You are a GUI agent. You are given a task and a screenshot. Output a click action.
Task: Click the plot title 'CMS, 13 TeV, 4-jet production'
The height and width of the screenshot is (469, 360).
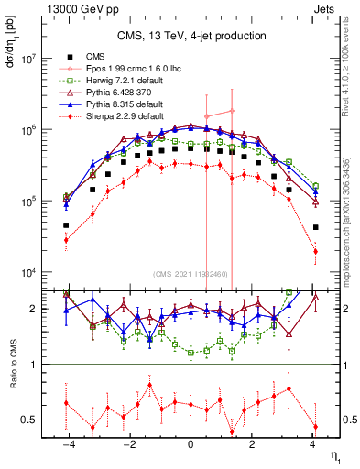(x=191, y=36)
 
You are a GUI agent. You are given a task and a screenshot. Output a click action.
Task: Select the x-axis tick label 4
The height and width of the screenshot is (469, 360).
(x=313, y=443)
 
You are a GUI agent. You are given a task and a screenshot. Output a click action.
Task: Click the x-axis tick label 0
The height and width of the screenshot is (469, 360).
(x=191, y=443)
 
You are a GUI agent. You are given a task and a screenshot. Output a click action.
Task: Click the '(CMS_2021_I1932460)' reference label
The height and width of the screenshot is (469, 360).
(x=191, y=275)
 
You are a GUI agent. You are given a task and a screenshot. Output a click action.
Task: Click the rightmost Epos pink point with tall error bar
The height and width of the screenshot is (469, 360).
(x=232, y=111)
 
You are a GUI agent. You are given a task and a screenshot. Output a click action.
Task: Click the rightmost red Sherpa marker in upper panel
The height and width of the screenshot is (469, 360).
(x=314, y=251)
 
